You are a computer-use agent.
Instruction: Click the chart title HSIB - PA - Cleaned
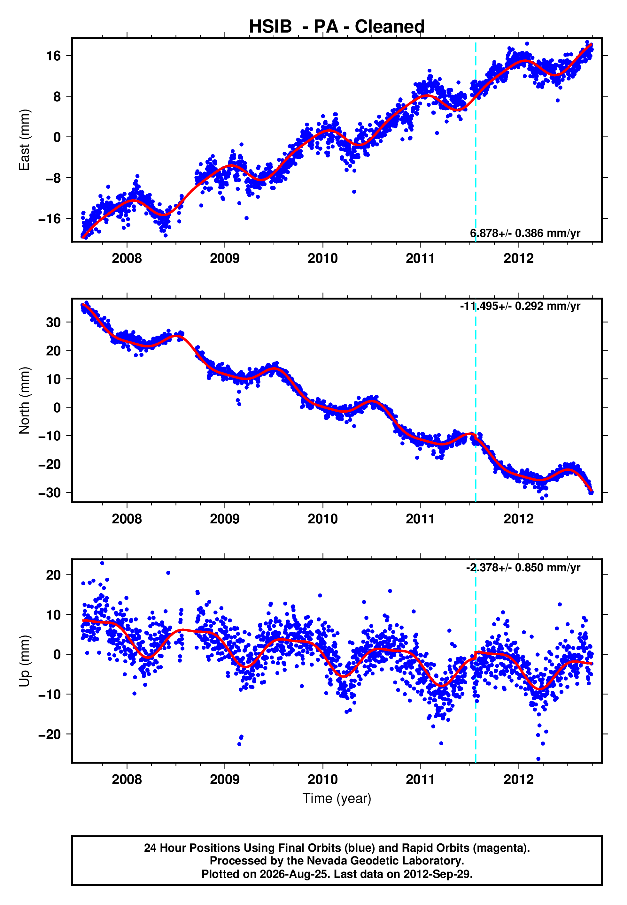click(x=337, y=27)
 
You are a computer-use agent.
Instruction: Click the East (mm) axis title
click(x=24, y=140)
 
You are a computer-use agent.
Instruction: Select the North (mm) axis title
click(x=24, y=400)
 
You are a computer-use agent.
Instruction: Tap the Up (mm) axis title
click(x=24, y=661)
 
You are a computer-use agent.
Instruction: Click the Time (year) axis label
click(x=337, y=799)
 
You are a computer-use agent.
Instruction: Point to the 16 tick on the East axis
click(x=54, y=56)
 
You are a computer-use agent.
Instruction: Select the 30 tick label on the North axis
click(x=53, y=322)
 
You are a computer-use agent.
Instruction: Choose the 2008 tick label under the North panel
click(x=127, y=519)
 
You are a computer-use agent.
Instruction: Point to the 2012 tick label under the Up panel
click(x=519, y=780)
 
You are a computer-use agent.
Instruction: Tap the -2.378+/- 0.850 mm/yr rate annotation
click(x=523, y=567)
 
